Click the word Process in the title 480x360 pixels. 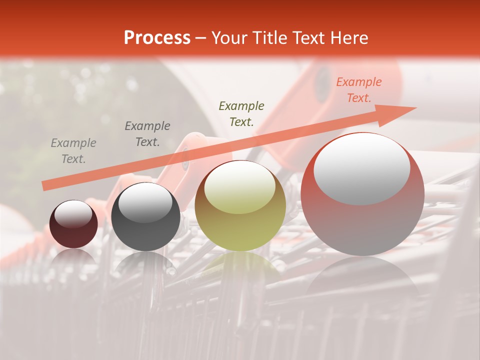(157, 38)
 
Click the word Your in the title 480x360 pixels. (228, 38)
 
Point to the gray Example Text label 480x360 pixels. (73, 151)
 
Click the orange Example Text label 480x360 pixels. (358, 90)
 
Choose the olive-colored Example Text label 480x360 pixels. (241, 113)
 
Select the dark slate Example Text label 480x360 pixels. (147, 133)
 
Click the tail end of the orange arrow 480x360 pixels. (45, 185)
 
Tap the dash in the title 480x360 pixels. (200, 38)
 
